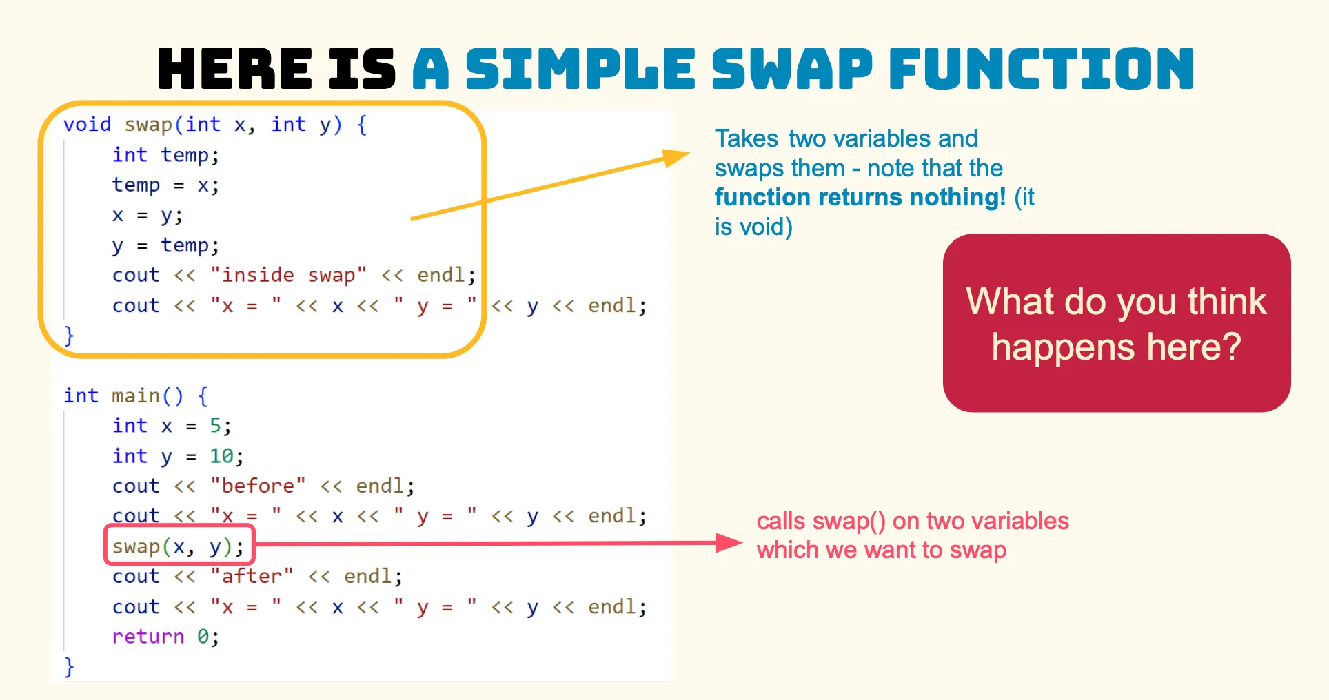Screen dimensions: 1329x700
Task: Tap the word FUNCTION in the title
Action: [x=1042, y=69]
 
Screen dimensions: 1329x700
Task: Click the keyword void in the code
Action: [x=87, y=125]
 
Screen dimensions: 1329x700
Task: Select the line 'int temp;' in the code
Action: [x=165, y=155]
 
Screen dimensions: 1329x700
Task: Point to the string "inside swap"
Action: [x=288, y=275]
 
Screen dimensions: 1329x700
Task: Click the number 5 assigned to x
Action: [x=216, y=426]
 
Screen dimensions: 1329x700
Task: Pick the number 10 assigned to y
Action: [x=222, y=456]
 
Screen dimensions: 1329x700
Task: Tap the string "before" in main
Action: [x=258, y=486]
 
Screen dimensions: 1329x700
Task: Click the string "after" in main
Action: [x=252, y=576]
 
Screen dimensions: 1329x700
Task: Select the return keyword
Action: [x=148, y=637]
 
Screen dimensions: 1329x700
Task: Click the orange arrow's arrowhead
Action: [x=676, y=158]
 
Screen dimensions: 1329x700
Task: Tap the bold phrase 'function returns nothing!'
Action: [x=860, y=198]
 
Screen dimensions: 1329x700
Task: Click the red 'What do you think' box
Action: [x=1117, y=323]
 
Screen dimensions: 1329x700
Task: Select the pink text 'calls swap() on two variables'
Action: [x=913, y=522]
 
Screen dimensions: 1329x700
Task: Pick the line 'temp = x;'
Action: [x=165, y=185]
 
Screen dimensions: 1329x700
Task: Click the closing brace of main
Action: [x=68, y=666]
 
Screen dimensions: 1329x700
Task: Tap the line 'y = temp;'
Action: [x=165, y=245]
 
